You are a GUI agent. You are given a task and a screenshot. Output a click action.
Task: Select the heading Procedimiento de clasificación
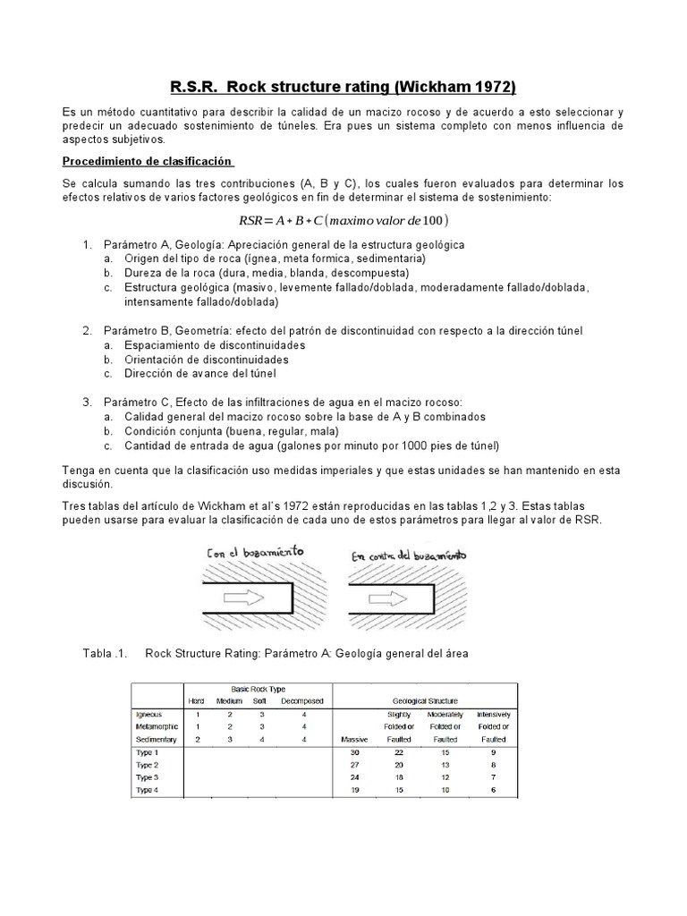point(148,161)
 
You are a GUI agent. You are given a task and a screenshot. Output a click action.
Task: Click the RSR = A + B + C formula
point(343,220)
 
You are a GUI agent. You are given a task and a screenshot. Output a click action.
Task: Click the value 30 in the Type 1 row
point(354,753)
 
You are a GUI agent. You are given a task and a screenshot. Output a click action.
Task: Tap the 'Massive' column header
point(355,740)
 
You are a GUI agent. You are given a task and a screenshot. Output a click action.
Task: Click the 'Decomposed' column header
point(301,700)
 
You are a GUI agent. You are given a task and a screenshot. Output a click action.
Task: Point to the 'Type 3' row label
point(148,778)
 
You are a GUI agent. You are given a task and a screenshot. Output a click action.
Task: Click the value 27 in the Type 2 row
point(354,766)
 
